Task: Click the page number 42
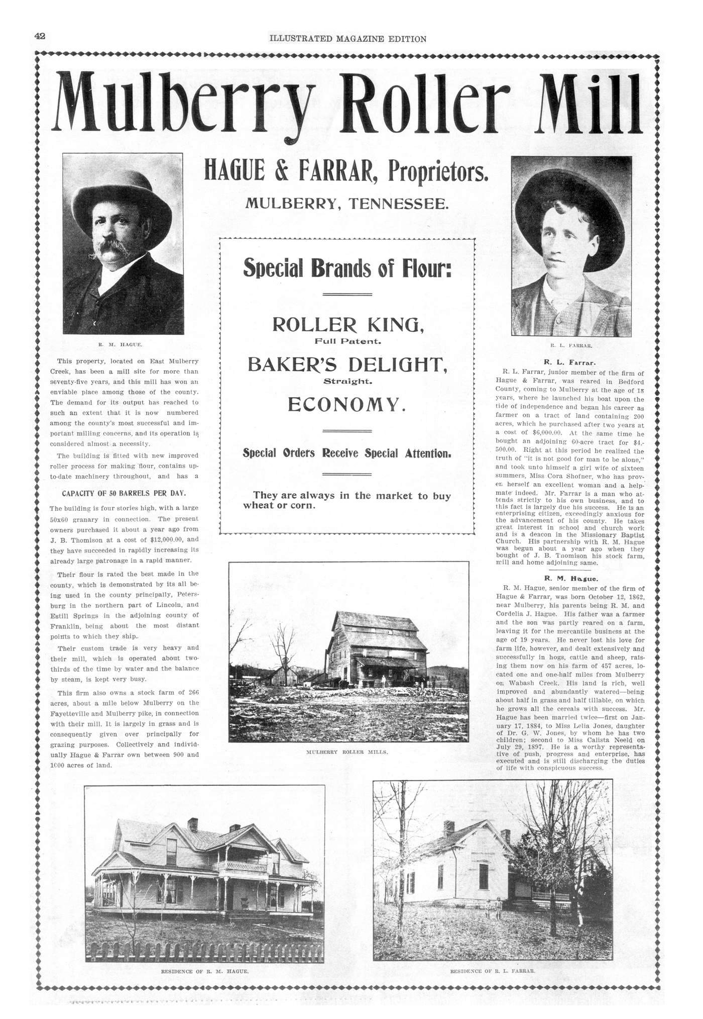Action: click(40, 36)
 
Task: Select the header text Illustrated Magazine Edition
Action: click(347, 39)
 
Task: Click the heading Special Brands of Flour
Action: click(347, 268)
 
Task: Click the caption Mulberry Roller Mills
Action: click(347, 753)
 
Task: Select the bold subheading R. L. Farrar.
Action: click(569, 361)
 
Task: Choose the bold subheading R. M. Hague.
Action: click(569, 578)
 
